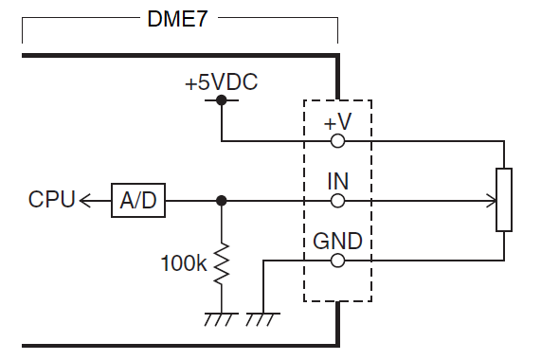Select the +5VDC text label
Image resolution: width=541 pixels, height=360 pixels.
point(221,81)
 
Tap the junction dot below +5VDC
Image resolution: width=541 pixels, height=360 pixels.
point(221,99)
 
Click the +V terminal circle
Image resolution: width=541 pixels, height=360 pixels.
point(337,141)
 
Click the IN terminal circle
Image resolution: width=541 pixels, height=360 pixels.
point(337,201)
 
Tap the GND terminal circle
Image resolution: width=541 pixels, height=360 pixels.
point(337,259)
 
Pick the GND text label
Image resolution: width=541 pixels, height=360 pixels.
point(337,241)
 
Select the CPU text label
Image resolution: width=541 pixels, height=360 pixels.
point(52,200)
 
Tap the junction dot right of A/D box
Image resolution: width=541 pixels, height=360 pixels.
point(221,201)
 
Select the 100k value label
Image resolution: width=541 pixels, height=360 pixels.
point(183,262)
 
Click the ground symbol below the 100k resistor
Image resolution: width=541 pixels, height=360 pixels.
point(221,318)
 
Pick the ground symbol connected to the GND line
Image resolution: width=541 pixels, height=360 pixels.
point(261,318)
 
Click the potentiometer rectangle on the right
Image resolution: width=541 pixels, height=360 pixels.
point(503,201)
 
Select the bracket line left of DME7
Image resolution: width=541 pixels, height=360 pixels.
point(76,19)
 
